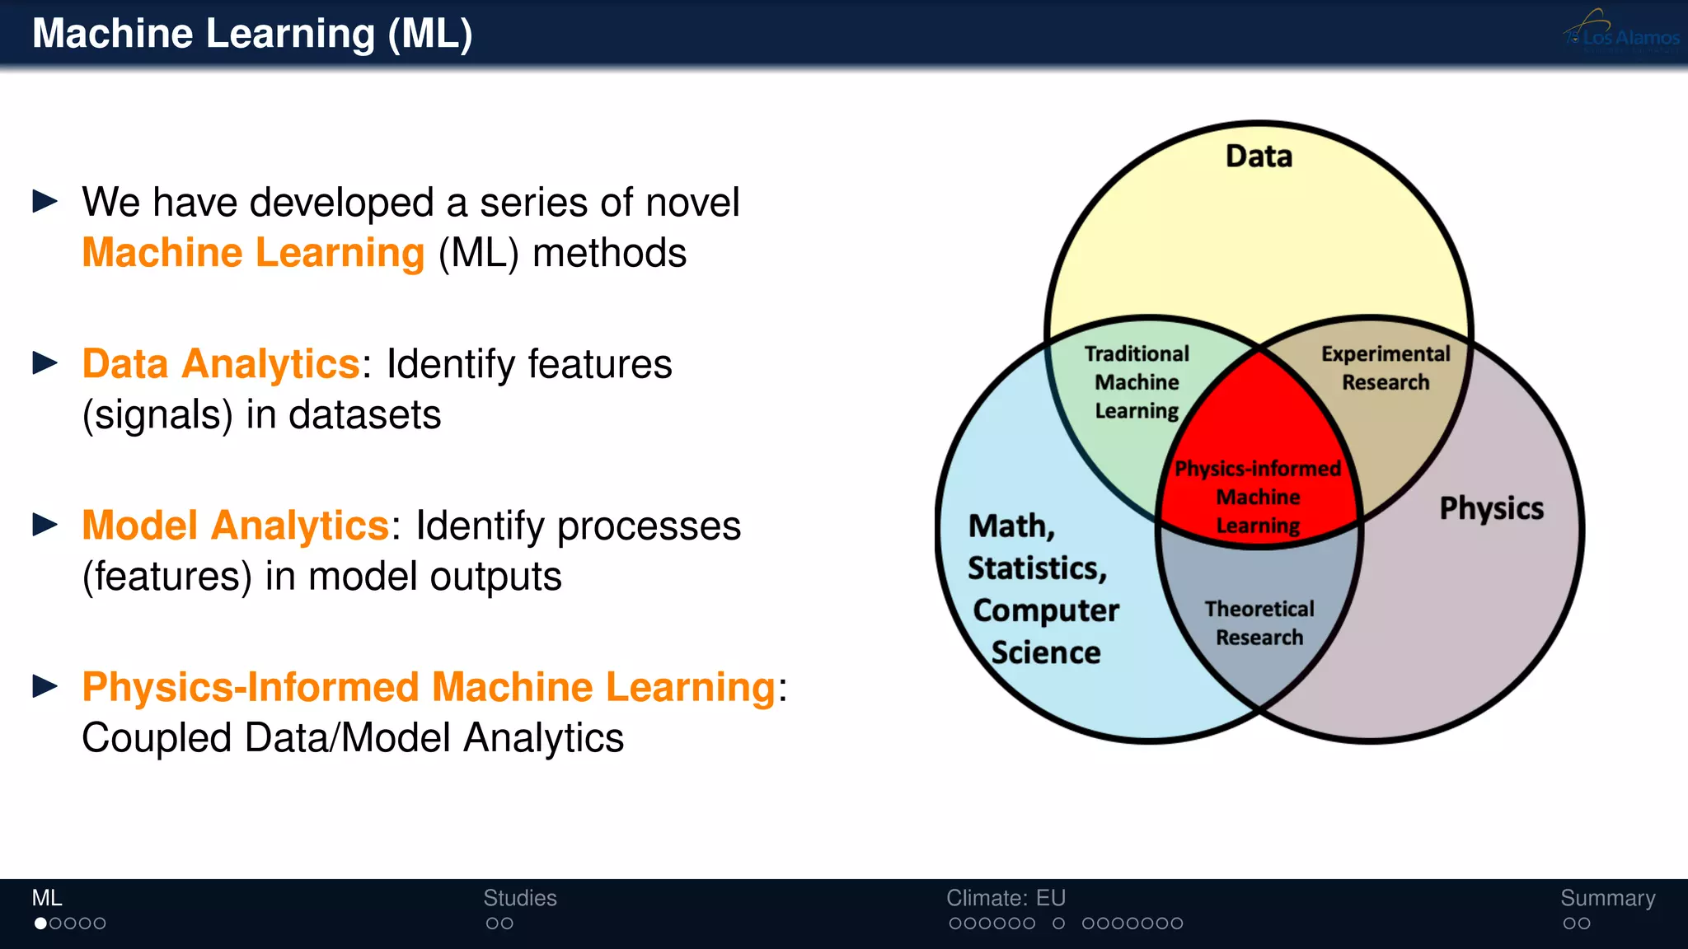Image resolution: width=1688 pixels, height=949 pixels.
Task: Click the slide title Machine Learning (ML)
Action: (x=252, y=35)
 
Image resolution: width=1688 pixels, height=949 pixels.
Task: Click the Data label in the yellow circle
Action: (x=1259, y=157)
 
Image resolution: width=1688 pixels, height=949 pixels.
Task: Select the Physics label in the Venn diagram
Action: (x=1491, y=508)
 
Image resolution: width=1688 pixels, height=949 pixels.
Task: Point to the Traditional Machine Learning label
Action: (x=1137, y=382)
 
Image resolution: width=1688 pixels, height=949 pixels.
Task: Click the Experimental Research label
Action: (x=1386, y=368)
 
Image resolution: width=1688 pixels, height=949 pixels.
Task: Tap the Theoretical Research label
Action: (x=1259, y=623)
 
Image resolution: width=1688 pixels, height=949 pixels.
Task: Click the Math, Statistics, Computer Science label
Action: (x=1043, y=589)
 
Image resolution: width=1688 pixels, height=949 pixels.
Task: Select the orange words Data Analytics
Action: (x=221, y=364)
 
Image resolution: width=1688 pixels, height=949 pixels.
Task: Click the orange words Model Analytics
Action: (x=235, y=526)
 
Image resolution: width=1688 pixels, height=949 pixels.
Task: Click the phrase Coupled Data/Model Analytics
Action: (x=353, y=737)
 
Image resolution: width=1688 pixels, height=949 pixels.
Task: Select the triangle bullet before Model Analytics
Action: (x=45, y=525)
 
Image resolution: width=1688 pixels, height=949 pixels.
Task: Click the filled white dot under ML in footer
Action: (x=40, y=923)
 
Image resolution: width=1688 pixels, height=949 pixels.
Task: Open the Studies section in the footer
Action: (x=519, y=898)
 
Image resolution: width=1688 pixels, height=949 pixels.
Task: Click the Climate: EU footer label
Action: (x=1006, y=898)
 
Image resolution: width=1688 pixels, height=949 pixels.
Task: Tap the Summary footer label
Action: (x=1607, y=898)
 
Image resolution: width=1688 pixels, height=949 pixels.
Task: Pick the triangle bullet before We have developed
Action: (x=45, y=202)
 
